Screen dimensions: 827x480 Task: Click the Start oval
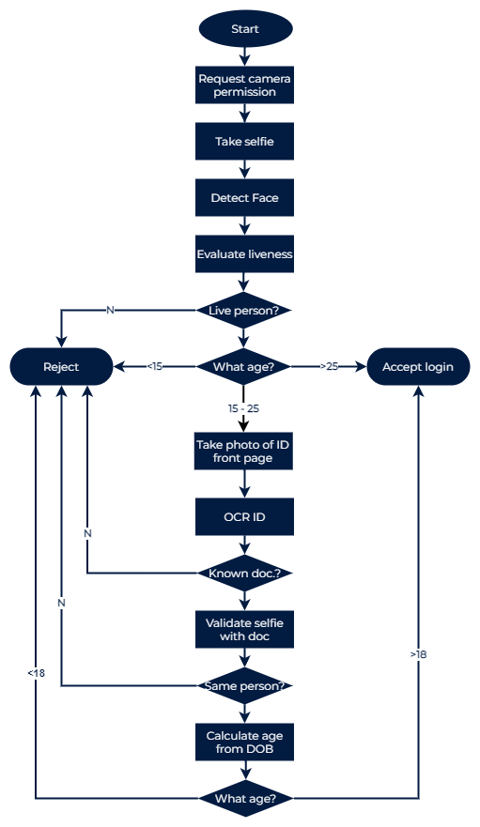tap(245, 29)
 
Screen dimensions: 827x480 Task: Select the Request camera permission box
tap(245, 85)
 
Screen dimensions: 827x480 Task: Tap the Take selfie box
tap(245, 142)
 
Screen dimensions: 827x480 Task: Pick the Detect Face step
tap(245, 198)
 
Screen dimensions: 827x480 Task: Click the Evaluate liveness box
tap(245, 253)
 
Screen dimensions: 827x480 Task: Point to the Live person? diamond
tap(244, 310)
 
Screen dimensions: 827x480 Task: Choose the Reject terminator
tap(62, 367)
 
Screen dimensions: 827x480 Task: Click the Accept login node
tap(417, 367)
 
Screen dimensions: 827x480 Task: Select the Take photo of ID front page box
tap(245, 452)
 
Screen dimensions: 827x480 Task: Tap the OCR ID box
tap(245, 516)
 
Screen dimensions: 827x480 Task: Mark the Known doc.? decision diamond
tap(244, 573)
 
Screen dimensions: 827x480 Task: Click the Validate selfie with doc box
tap(245, 629)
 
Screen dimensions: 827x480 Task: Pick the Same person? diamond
tap(244, 686)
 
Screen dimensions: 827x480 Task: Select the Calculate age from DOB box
tap(245, 743)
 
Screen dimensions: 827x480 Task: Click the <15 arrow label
tap(154, 367)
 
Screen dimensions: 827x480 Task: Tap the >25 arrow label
tap(329, 367)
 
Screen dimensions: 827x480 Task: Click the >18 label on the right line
tap(418, 654)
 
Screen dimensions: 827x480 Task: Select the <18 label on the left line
tap(36, 673)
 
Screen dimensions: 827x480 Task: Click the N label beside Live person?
tap(110, 310)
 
